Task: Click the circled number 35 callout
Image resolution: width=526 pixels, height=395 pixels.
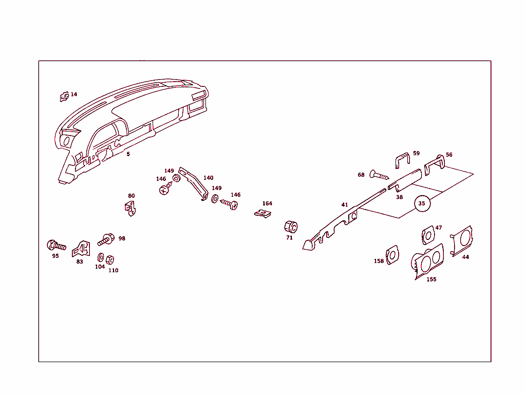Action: click(x=422, y=203)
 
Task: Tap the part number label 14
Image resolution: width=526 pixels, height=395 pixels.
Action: click(x=74, y=94)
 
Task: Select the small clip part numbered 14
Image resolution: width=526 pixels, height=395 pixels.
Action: click(x=64, y=97)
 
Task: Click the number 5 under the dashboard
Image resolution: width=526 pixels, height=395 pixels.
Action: click(x=128, y=154)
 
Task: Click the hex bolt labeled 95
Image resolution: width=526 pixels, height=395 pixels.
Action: click(x=56, y=246)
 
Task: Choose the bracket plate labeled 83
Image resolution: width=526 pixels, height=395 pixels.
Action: click(x=81, y=249)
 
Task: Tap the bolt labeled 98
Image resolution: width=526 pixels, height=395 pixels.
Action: click(x=106, y=239)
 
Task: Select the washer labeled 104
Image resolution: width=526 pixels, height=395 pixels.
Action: click(x=100, y=257)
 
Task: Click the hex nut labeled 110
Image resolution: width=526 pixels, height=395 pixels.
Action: click(x=110, y=259)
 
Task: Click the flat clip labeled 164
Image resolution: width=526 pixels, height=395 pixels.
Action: click(x=262, y=214)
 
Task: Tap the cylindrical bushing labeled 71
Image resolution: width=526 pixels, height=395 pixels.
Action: click(x=291, y=227)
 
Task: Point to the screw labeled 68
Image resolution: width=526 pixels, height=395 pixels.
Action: click(x=379, y=175)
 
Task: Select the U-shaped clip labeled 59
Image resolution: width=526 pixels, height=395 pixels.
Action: click(x=403, y=161)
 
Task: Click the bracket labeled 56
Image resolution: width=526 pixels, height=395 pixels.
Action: click(x=435, y=165)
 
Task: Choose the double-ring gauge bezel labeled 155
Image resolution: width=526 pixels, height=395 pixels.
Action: click(x=427, y=261)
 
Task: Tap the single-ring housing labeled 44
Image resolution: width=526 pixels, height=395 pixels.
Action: click(x=462, y=241)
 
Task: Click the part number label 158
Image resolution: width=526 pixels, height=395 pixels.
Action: click(x=379, y=261)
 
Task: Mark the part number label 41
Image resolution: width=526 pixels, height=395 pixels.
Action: click(x=345, y=204)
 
